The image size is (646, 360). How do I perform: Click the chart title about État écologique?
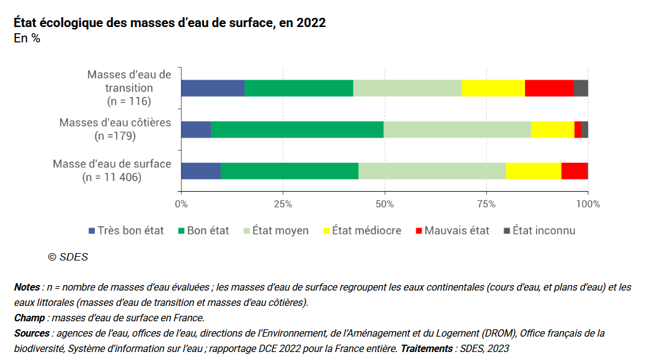[169, 23]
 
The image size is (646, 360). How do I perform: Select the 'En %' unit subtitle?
[27, 39]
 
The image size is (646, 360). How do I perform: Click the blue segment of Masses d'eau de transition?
[213, 88]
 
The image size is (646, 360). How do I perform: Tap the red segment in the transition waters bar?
[549, 88]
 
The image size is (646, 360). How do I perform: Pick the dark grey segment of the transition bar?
[581, 88]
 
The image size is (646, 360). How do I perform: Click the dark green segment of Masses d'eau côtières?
[297, 130]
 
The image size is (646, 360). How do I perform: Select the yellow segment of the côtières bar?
[552, 130]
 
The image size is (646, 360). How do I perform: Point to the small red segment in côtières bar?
[578, 130]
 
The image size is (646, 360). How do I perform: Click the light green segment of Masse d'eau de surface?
[431, 171]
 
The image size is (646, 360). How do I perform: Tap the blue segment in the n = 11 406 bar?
[201, 171]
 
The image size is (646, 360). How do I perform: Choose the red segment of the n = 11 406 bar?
[574, 171]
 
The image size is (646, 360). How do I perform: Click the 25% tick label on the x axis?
[283, 203]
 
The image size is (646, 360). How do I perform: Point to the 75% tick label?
[486, 203]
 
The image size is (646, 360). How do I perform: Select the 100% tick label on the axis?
[588, 203]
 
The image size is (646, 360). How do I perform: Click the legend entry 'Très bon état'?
[126, 231]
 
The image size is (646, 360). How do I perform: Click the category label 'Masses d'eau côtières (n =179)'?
[115, 129]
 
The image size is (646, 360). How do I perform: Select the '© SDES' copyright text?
[68, 257]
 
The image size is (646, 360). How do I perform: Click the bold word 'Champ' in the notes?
[30, 318]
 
